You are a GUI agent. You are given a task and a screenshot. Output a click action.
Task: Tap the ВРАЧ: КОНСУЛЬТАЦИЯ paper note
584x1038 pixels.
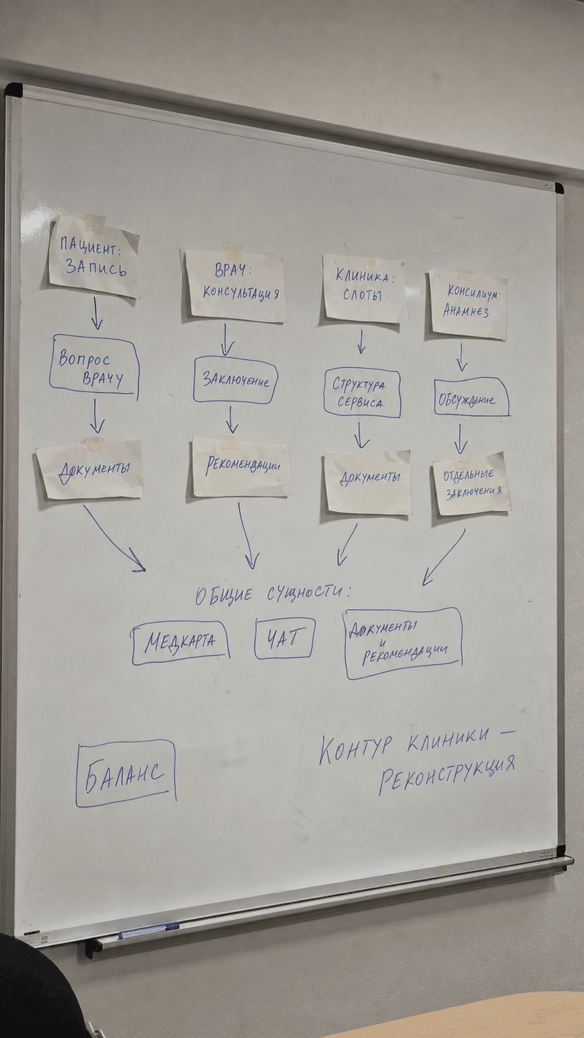(x=235, y=285)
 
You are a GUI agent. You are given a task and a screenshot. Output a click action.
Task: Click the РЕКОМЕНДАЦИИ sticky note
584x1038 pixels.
(x=240, y=467)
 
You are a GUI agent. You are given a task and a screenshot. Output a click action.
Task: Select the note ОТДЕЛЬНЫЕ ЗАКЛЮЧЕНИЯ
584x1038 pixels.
(x=471, y=484)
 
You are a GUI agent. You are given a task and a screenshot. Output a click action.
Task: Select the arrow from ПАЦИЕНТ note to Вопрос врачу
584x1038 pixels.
(x=96, y=314)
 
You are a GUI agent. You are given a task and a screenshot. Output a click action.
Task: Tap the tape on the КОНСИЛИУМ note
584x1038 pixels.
(x=465, y=273)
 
